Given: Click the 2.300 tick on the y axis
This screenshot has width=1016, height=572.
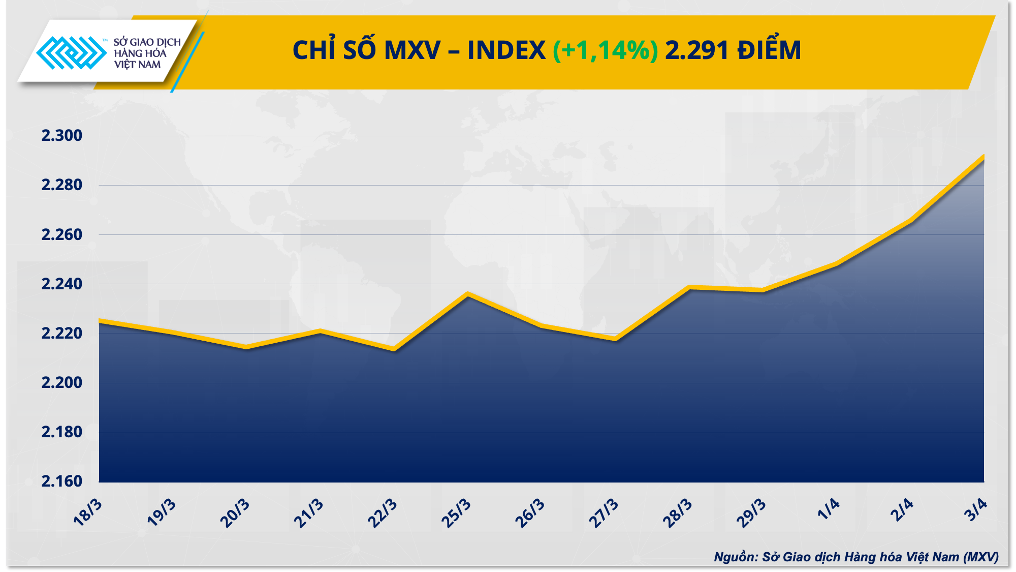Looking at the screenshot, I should pyautogui.click(x=61, y=136).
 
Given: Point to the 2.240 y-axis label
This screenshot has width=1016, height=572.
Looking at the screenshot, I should pyautogui.click(x=61, y=284).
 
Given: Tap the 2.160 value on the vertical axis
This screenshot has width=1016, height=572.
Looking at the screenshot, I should pyautogui.click(x=61, y=481).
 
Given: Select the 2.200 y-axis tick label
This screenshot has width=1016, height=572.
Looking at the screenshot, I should pyautogui.click(x=61, y=382).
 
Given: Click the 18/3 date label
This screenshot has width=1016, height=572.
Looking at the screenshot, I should pyautogui.click(x=88, y=513).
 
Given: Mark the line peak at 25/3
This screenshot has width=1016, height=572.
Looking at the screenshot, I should pyautogui.click(x=468, y=294).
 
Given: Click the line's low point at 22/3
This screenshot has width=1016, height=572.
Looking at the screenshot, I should pyautogui.click(x=394, y=349).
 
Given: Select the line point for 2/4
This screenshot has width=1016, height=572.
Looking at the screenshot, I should pyautogui.click(x=910, y=221).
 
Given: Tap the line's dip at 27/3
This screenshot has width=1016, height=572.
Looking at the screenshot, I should pyautogui.click(x=616, y=339).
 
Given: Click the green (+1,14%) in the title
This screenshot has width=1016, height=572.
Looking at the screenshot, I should pyautogui.click(x=605, y=51).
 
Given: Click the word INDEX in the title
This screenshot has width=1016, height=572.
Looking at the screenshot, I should pyautogui.click(x=506, y=51).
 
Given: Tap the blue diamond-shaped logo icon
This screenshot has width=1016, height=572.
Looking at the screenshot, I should pyautogui.click(x=71, y=52).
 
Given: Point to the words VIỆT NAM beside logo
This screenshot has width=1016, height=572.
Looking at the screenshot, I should pyautogui.click(x=137, y=65).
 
